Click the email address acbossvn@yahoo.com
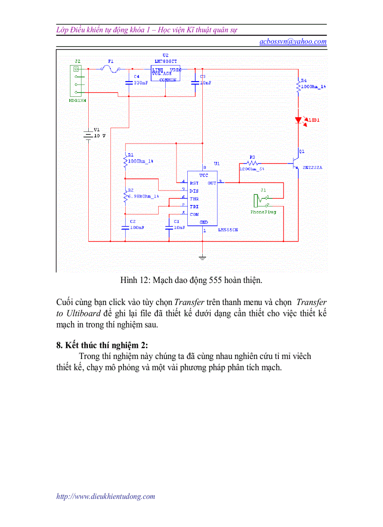(x=293, y=41)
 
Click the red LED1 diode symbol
(x=298, y=120)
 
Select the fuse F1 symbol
(x=111, y=69)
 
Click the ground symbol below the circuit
(x=202, y=257)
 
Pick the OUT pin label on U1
(x=212, y=183)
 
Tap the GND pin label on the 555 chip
(x=203, y=222)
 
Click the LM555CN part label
(x=228, y=230)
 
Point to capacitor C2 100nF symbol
(x=125, y=228)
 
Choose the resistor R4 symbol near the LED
(x=298, y=86)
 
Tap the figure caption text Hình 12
(x=191, y=281)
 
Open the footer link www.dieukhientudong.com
(x=106, y=496)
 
